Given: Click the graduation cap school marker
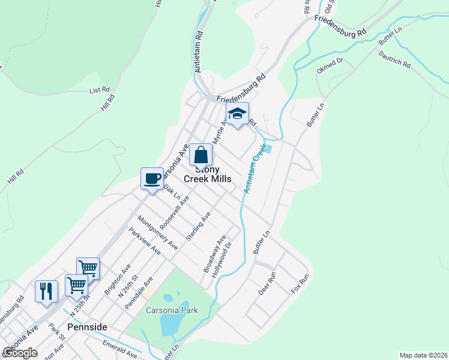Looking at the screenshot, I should [237, 115].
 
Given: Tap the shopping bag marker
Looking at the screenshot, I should [200, 155].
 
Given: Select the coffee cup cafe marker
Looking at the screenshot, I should [152, 178].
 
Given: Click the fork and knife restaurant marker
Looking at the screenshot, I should [46, 291].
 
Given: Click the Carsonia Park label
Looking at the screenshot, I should [171, 310].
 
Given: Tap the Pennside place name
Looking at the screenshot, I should [87, 327].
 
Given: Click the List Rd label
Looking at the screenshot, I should [99, 91].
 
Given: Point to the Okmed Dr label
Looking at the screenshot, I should [330, 65].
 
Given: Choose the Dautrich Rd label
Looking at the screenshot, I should [394, 58].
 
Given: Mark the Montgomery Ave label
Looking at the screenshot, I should [158, 232].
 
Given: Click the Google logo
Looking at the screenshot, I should [19, 352].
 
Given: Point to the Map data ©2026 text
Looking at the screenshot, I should [423, 355].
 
